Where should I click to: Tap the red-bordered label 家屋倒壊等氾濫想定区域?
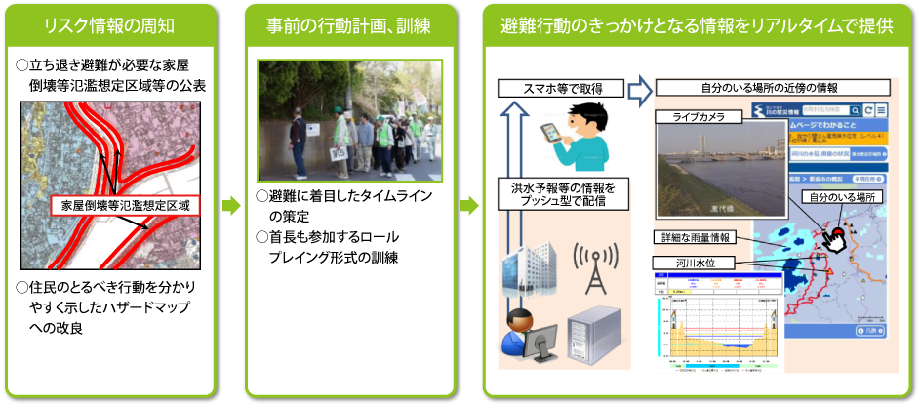[x=124, y=207]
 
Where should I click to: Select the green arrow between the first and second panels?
[x=231, y=206]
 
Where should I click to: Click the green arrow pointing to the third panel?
[x=470, y=206]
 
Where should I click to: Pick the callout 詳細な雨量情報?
[x=693, y=238]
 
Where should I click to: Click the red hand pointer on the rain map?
[x=833, y=236]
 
